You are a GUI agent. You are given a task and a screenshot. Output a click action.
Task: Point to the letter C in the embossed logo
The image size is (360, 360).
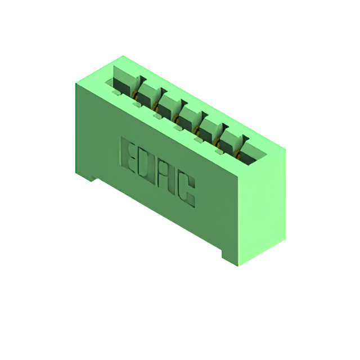pyautogui.click(x=187, y=192)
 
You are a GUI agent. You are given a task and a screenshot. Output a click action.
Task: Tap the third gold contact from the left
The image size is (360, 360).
pyautogui.click(x=176, y=119)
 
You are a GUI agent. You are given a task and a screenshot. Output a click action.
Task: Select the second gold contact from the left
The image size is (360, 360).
pyautogui.click(x=156, y=106)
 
